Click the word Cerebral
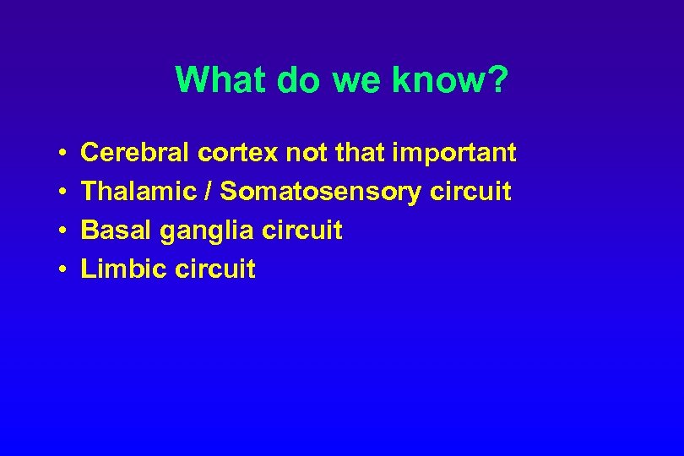click(136, 153)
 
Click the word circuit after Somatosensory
click(470, 192)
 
